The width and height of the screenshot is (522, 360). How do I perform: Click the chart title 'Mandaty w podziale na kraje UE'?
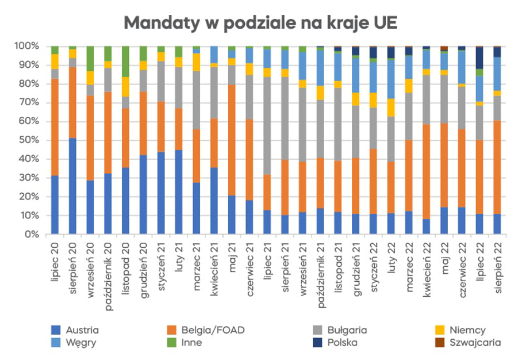[260, 23]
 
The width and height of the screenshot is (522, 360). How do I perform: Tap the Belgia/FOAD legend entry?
[212, 330]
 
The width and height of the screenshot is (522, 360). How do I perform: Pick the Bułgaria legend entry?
[346, 330]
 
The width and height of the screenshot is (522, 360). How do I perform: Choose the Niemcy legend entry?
[467, 330]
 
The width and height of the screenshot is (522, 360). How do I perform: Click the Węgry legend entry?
[80, 343]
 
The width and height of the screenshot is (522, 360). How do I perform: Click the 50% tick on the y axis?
[28, 140]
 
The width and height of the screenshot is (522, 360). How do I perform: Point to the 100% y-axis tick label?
[26, 46]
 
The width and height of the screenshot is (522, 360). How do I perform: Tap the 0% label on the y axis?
[31, 235]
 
